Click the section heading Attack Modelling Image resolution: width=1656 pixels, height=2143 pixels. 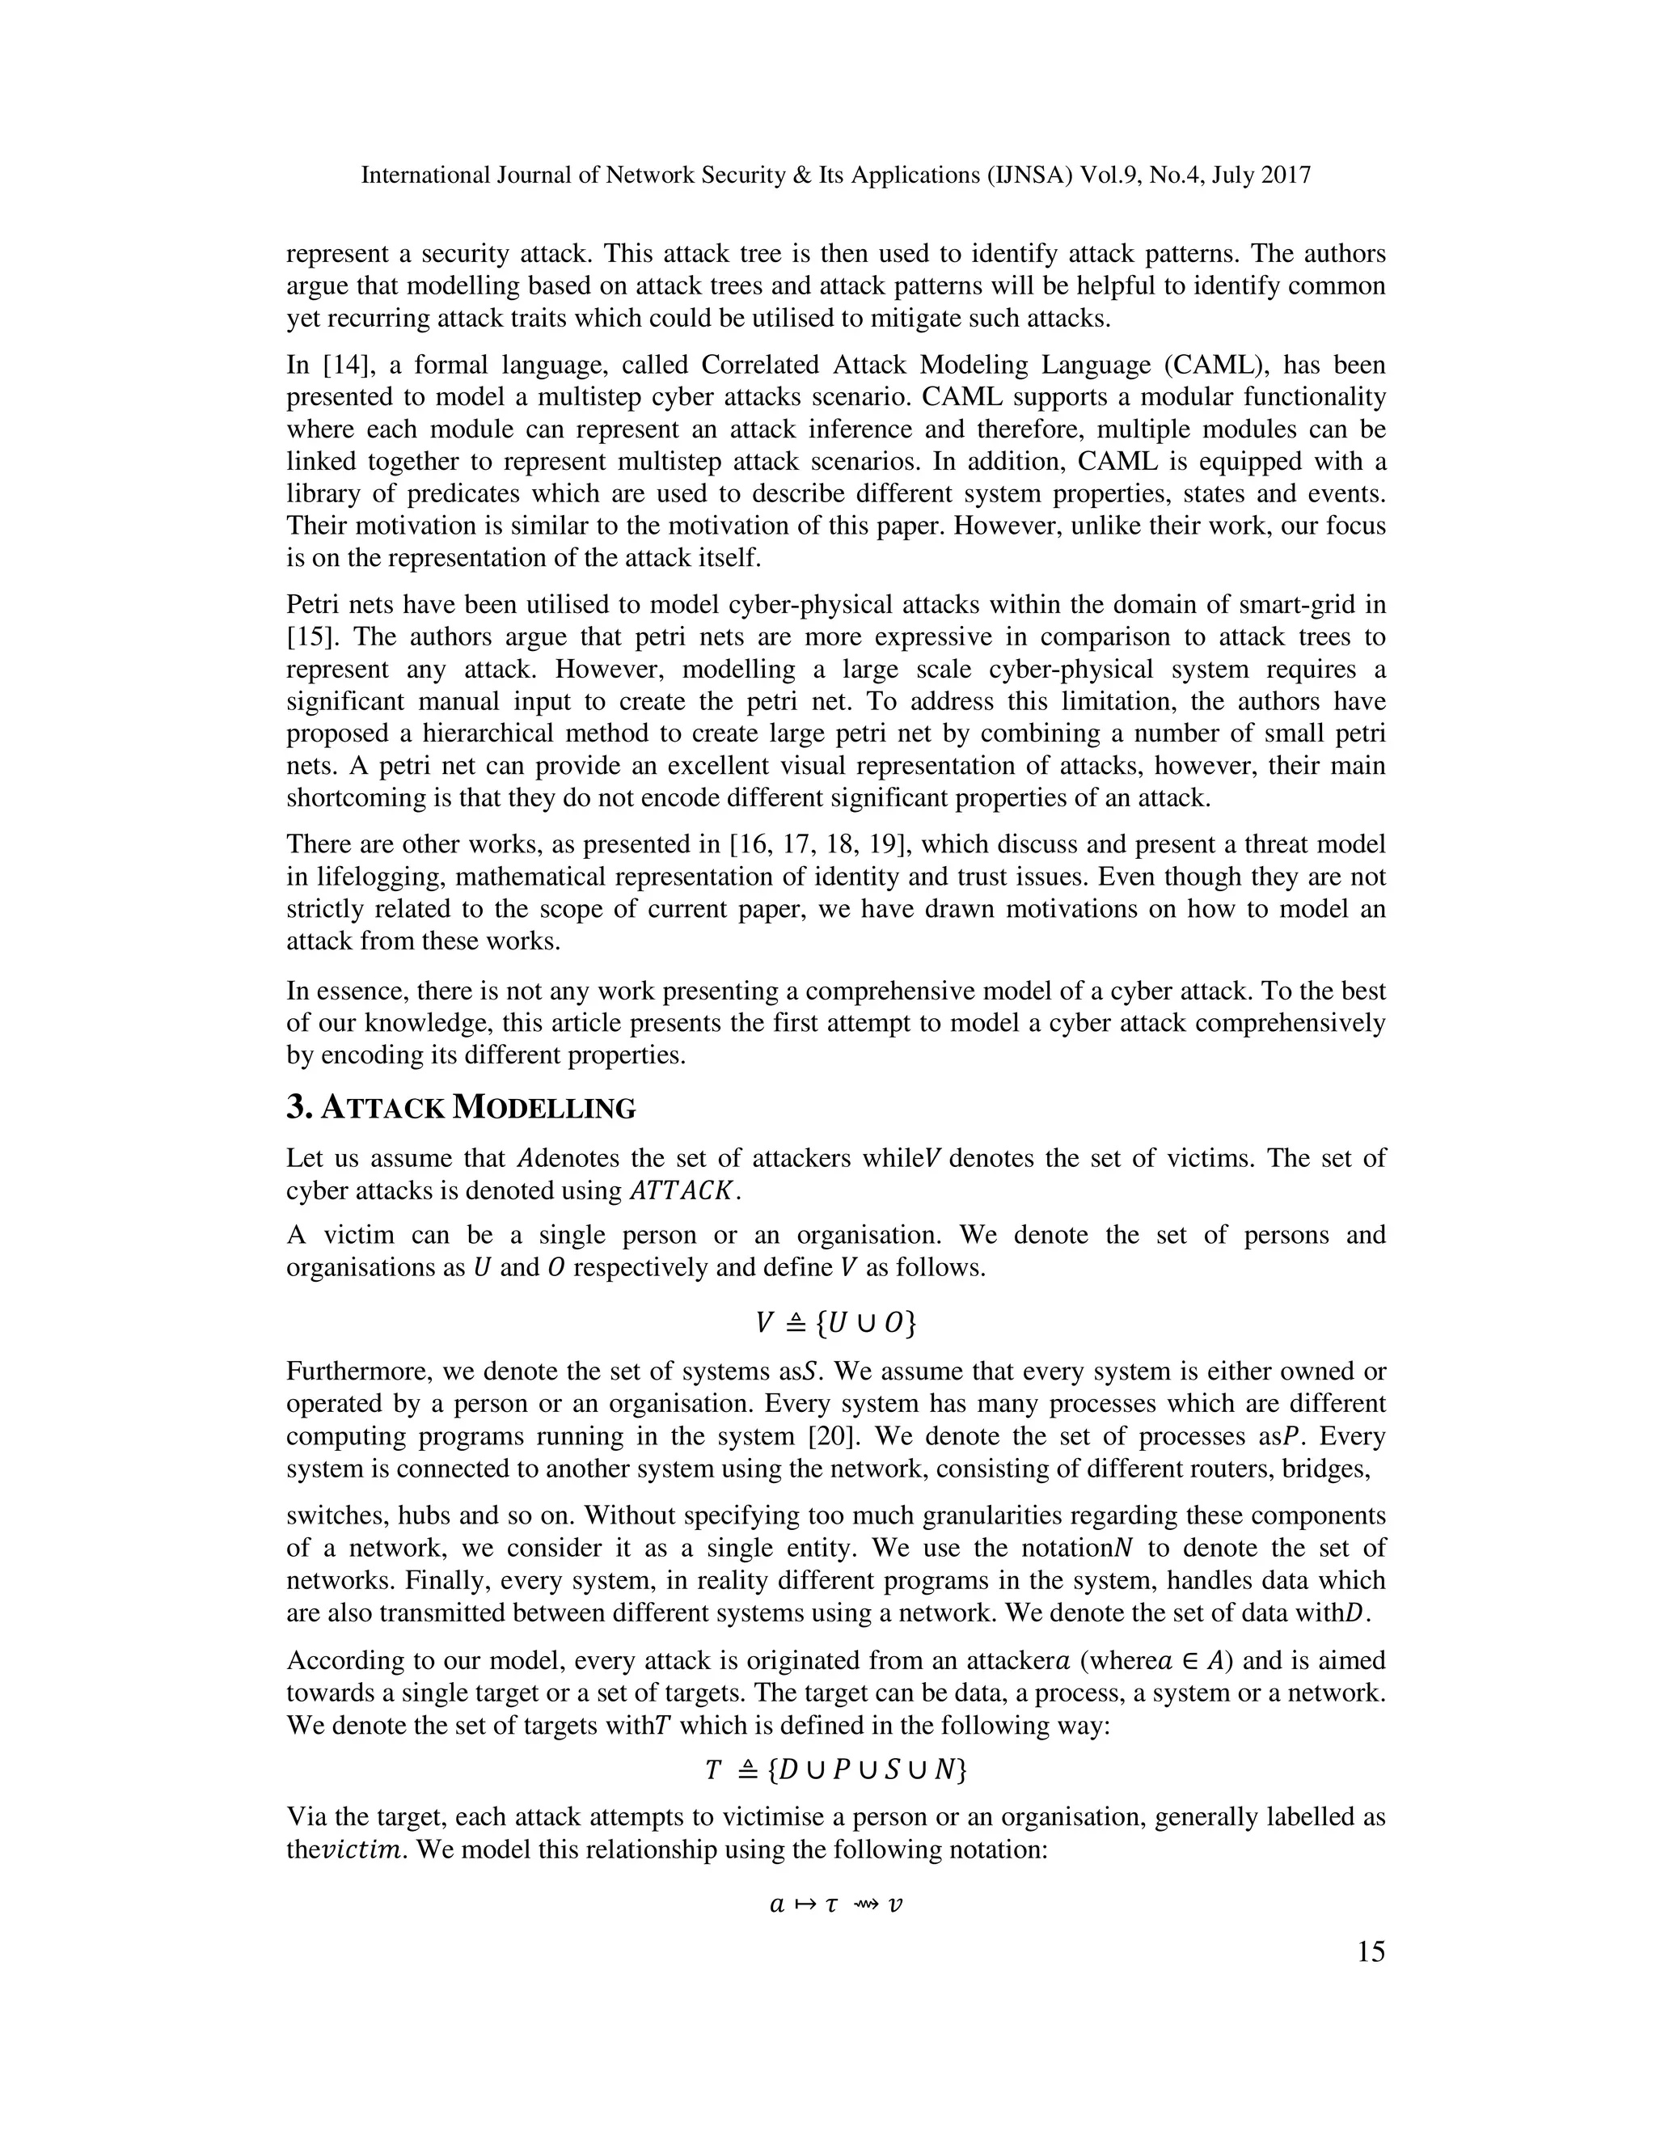pyautogui.click(x=461, y=1108)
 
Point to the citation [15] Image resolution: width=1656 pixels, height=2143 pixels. pyautogui.click(x=312, y=636)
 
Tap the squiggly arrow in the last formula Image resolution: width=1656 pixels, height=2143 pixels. pyautogui.click(x=864, y=1904)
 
